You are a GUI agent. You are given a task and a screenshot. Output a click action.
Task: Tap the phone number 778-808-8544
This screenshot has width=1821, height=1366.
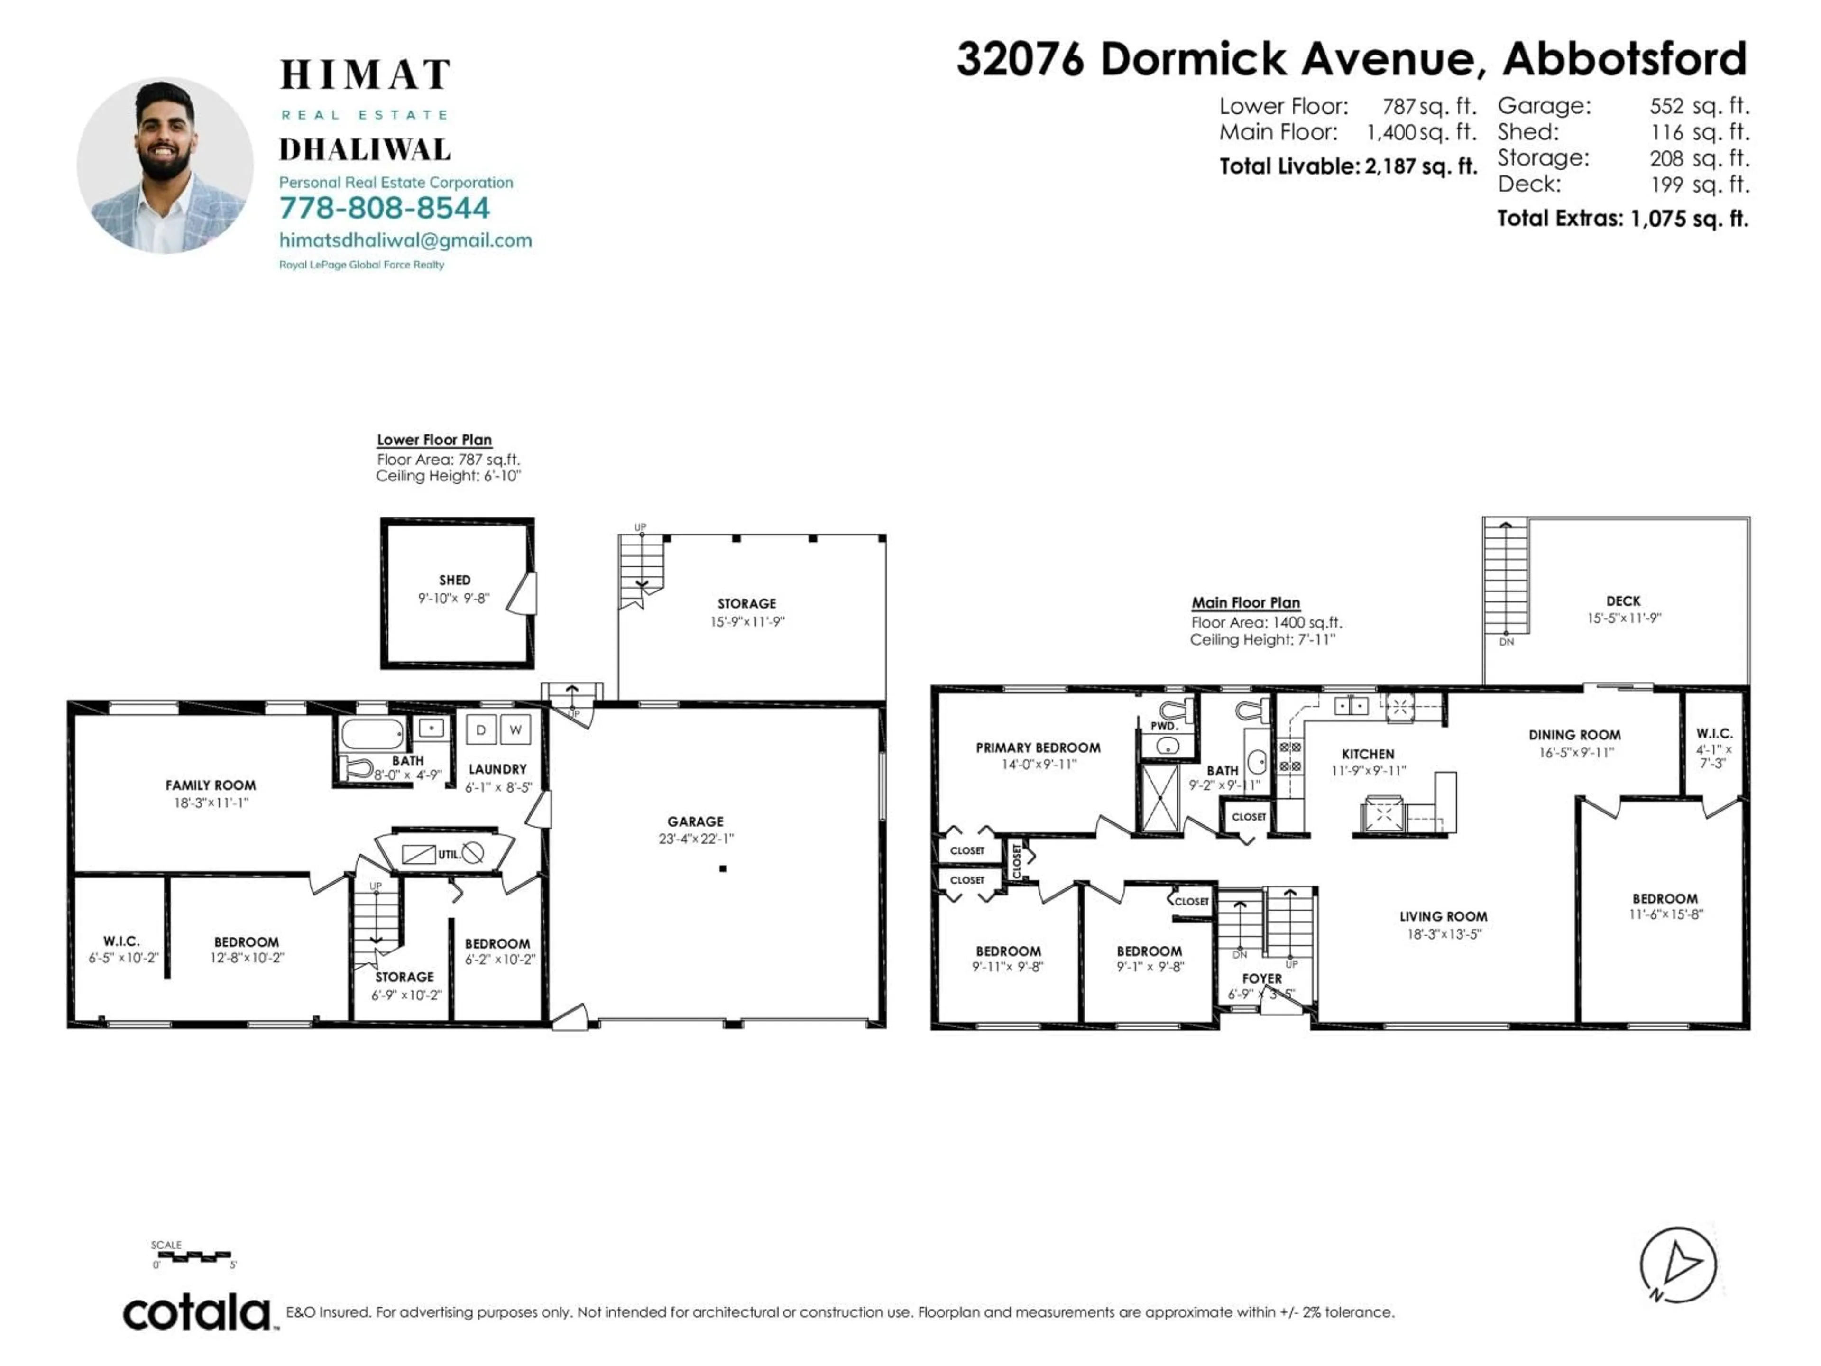(x=385, y=208)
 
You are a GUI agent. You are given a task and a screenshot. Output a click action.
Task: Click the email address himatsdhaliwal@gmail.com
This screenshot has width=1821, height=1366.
(x=405, y=240)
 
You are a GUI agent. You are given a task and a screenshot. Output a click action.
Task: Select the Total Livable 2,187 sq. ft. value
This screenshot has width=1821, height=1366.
(x=1420, y=166)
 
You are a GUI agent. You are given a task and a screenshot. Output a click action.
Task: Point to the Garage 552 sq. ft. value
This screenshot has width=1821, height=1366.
(x=1698, y=106)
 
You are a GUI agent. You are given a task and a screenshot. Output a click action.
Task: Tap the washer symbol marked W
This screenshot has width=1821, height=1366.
(x=515, y=729)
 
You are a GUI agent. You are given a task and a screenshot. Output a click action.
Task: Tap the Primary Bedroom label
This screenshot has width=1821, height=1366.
(x=1037, y=748)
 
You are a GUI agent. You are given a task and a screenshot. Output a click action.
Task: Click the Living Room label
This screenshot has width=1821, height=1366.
(x=1443, y=916)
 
